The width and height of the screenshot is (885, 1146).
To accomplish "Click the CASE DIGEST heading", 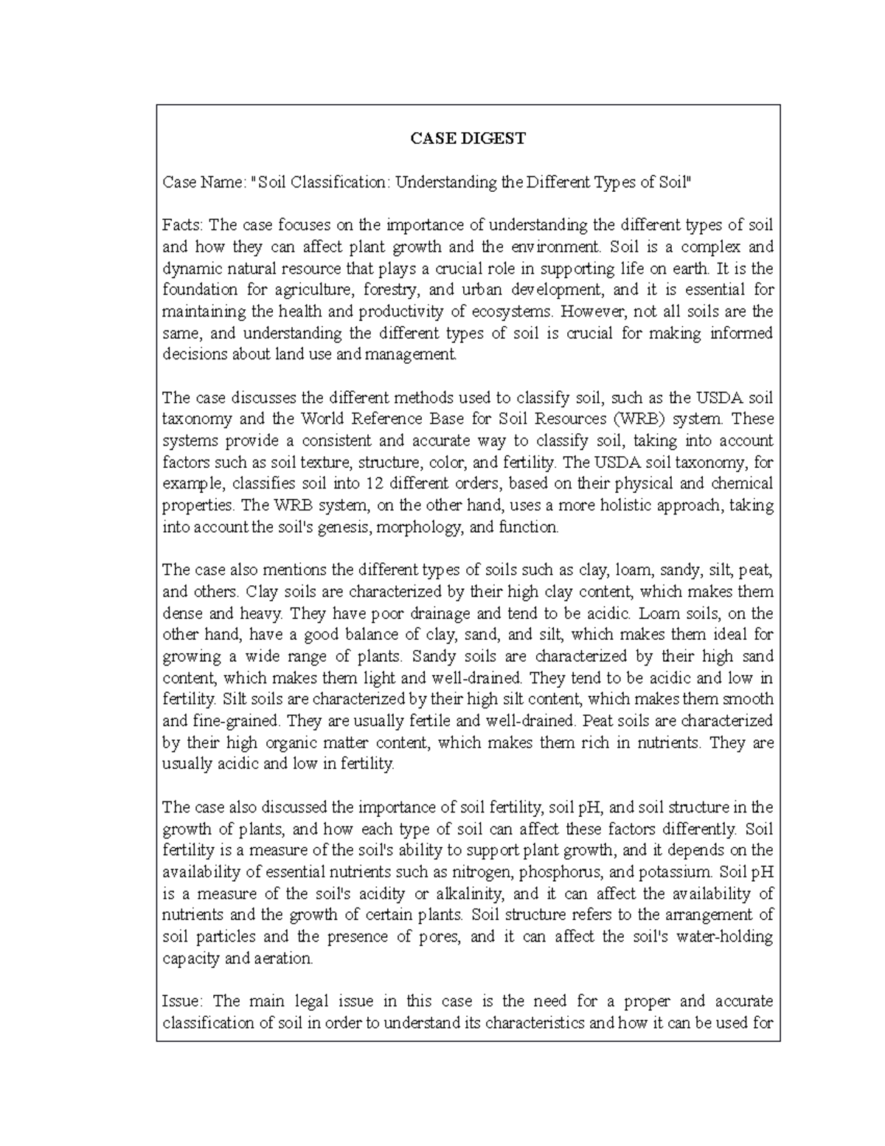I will point(468,139).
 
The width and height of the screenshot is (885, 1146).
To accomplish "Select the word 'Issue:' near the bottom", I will point(181,1001).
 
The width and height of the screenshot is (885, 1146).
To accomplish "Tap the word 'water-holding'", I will point(725,937).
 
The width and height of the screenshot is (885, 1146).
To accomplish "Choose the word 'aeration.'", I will point(284,959).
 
